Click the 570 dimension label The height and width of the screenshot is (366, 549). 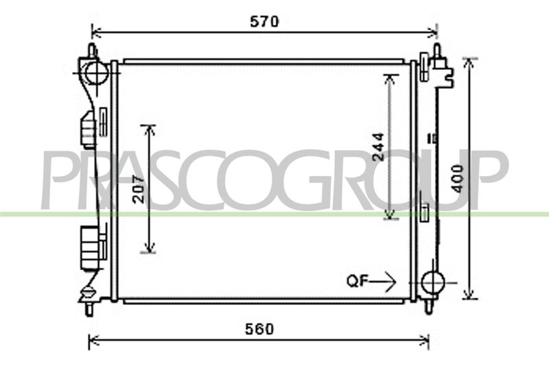(x=265, y=22)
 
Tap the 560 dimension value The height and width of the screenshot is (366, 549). (x=259, y=329)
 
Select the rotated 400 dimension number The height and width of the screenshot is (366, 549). (x=457, y=179)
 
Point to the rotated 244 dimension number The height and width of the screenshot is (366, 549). (x=378, y=147)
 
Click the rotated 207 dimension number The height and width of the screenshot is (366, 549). (x=139, y=189)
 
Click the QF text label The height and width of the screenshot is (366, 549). (x=357, y=281)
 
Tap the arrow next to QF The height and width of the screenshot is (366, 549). (x=382, y=282)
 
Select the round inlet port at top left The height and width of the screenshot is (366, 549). (x=96, y=73)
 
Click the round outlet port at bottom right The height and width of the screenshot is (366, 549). (x=433, y=282)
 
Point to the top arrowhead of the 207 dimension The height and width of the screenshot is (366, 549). (x=150, y=130)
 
